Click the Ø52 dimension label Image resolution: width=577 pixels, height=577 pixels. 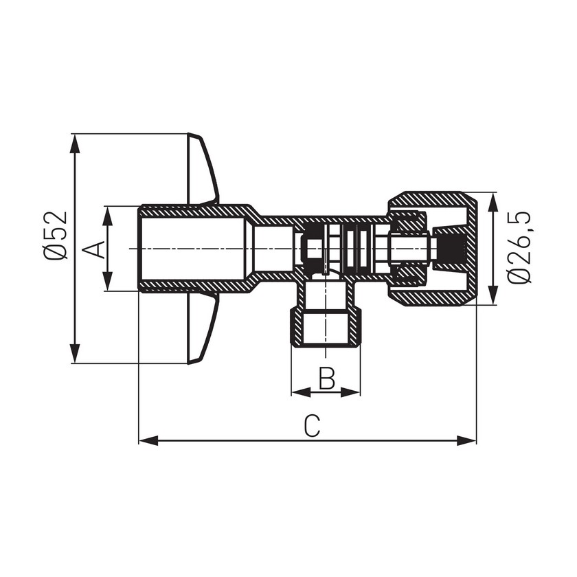click(x=56, y=235)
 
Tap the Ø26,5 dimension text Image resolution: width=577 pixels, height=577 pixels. click(x=520, y=248)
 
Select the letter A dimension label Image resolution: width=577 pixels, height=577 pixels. click(x=91, y=249)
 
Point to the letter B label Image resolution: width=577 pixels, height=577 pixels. click(x=327, y=378)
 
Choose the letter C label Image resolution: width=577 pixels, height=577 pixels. click(x=312, y=426)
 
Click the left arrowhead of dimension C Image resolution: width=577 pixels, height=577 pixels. click(x=148, y=440)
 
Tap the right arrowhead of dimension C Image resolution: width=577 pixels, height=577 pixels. click(x=467, y=440)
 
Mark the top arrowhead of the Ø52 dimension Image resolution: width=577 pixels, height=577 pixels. click(x=75, y=143)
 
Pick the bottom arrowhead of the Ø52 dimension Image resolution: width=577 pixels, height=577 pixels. click(x=75, y=354)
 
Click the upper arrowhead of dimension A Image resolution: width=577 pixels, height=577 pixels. click(x=107, y=216)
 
